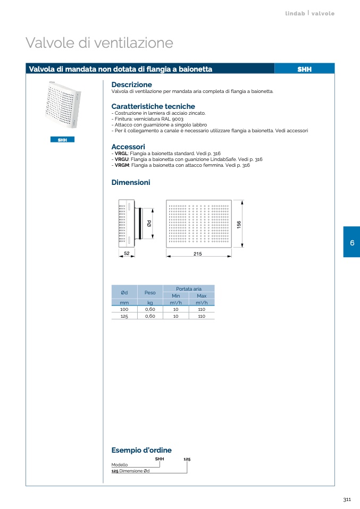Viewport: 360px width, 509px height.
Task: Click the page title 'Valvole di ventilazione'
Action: pos(99,43)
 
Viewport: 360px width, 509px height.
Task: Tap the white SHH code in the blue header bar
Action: pos(305,69)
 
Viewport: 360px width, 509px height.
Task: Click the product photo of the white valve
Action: pos(63,105)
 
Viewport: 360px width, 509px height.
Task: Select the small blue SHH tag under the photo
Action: pos(62,140)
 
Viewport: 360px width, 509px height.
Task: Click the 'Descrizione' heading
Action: pos(131,84)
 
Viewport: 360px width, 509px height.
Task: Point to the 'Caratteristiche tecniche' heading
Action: pos(153,106)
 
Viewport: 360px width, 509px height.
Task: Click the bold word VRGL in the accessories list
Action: pos(121,154)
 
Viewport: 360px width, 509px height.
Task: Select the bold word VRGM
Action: pos(122,165)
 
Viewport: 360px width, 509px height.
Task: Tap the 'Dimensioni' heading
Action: pos(131,182)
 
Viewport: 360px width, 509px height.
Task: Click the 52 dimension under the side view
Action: pos(127,253)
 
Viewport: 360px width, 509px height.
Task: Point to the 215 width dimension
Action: pos(197,254)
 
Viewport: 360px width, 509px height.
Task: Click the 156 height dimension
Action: pos(239,224)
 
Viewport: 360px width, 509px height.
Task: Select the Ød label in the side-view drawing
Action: pos(149,223)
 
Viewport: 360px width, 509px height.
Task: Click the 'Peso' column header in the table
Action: pos(150,292)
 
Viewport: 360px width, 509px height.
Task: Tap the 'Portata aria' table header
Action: pos(189,289)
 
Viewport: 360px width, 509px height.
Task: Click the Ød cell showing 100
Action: pos(124,309)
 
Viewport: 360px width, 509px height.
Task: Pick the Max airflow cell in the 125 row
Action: pos(202,316)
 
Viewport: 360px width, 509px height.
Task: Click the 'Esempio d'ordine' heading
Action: pos(141,450)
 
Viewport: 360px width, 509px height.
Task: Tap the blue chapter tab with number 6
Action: pos(352,242)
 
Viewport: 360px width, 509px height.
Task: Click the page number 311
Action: pos(347,499)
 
